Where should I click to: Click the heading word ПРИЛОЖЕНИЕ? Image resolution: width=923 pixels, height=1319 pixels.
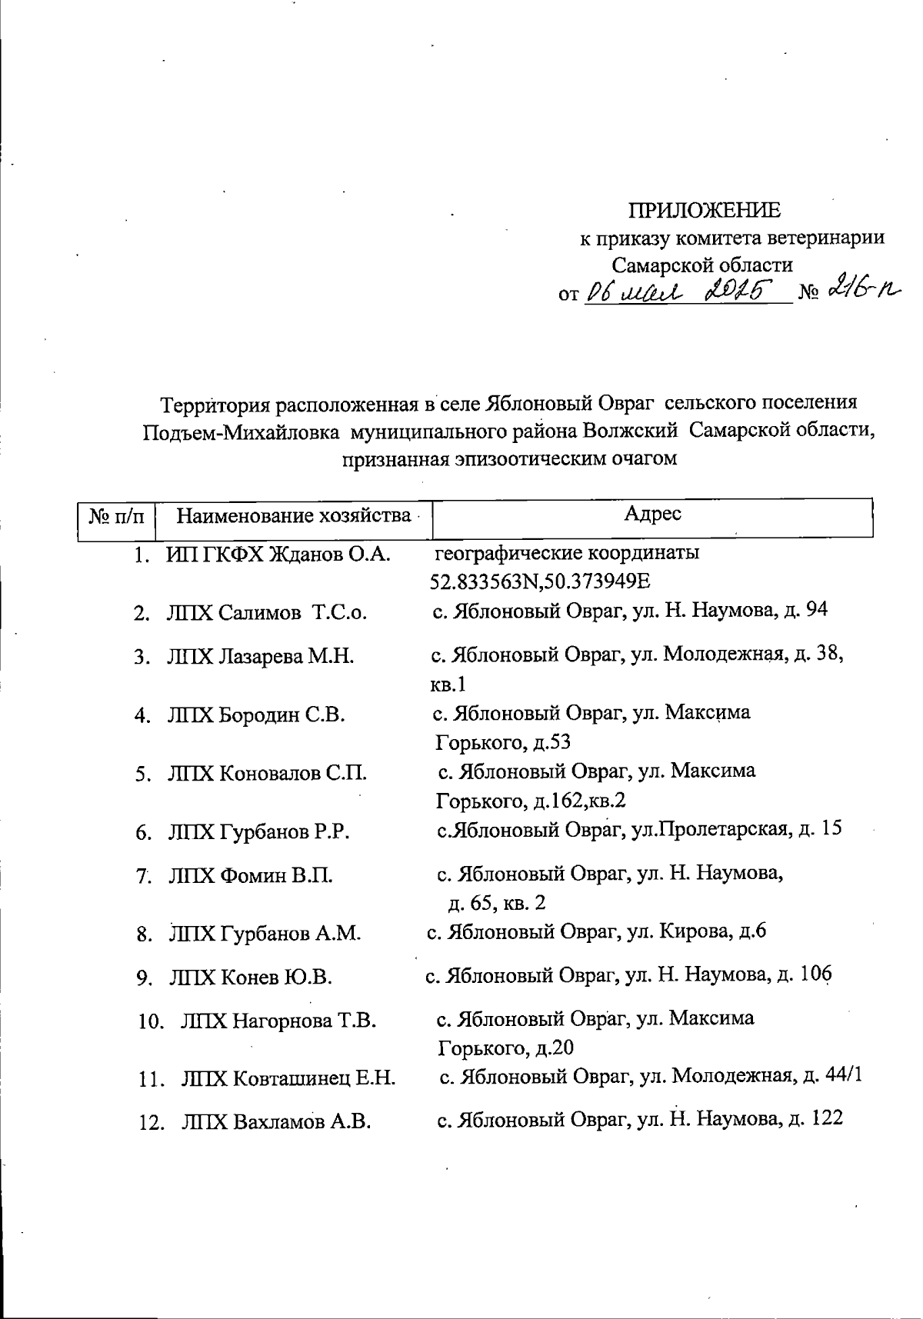705,210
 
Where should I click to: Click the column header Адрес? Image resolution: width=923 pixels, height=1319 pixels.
652,514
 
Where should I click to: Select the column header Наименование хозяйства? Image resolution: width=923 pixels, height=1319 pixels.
293,515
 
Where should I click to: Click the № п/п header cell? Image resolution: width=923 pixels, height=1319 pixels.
117,515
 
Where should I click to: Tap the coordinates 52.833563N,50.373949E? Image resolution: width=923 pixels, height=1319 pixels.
541,581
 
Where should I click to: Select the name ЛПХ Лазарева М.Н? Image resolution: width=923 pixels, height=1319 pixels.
261,657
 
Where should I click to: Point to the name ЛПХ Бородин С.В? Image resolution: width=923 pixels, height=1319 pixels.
256,715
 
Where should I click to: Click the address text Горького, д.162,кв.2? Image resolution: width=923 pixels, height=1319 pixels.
531,801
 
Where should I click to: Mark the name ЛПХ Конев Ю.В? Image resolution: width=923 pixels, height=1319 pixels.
250,978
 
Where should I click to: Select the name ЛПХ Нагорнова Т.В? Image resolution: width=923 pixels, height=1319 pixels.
278,1021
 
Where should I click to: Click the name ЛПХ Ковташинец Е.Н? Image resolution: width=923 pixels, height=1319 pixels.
288,1078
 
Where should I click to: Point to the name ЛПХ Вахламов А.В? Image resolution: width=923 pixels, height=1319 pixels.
276,1122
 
